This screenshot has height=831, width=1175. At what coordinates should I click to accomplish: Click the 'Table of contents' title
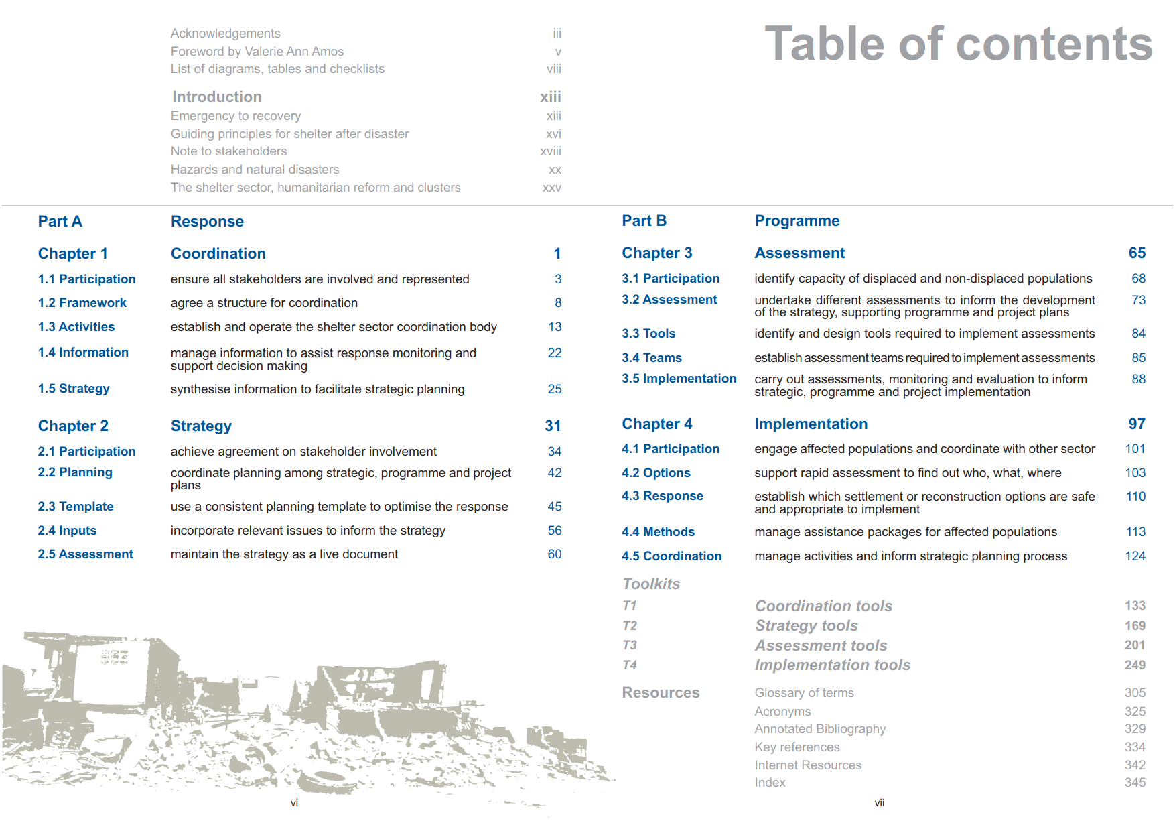coord(958,44)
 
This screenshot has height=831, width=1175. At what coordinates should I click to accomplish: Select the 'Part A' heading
coord(60,222)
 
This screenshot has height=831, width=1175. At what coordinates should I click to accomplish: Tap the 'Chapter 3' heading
coord(656,253)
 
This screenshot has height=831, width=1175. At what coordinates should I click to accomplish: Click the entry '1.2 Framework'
coord(82,303)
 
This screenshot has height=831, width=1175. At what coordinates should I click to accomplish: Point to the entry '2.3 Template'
coord(76,507)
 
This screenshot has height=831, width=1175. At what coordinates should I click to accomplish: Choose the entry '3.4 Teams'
coord(651,358)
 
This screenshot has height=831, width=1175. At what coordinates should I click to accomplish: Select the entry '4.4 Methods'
coord(658,532)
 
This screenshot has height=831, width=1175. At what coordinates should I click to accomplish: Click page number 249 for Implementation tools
coord(1135,665)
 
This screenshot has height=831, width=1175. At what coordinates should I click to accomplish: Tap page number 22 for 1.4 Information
coord(555,353)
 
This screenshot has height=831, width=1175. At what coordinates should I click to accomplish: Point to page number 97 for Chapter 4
coord(1137,424)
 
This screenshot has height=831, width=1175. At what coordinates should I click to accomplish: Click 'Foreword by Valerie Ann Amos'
coord(257,52)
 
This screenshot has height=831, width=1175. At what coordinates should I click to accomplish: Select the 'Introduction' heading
coord(217,97)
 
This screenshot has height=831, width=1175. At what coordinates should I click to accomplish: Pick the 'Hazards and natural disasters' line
coord(255,170)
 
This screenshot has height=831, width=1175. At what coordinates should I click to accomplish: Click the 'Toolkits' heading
coord(651,584)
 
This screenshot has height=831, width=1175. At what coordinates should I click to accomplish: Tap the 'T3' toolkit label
coord(629,645)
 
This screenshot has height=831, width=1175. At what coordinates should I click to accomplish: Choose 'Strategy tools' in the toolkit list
coord(807,626)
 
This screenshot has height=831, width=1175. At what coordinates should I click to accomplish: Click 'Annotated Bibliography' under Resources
coord(820,729)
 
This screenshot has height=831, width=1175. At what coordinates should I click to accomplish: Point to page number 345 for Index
coord(1135,783)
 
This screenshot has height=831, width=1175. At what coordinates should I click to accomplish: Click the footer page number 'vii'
coord(879,803)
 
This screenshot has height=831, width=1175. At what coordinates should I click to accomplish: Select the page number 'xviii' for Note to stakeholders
coord(551,152)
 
